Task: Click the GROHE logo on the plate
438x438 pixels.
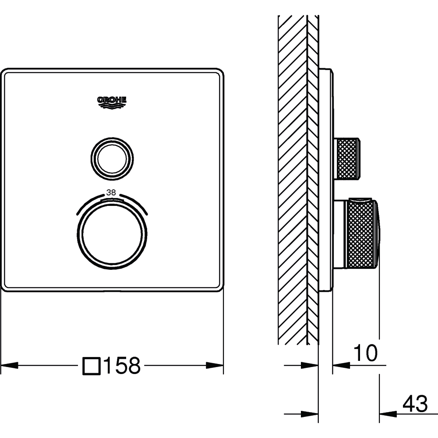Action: [x=112, y=102]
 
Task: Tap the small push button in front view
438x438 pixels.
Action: [x=112, y=159]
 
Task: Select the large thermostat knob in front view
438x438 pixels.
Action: [x=112, y=234]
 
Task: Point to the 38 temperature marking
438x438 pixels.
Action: [x=111, y=192]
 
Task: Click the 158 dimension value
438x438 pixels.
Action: [x=122, y=365]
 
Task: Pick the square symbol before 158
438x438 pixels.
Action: [x=92, y=366]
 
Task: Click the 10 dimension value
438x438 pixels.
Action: [x=365, y=353]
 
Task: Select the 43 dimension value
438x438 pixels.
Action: [x=415, y=404]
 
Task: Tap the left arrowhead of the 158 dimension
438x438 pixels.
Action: [x=10, y=365]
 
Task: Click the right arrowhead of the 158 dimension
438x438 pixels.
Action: [x=215, y=365]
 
